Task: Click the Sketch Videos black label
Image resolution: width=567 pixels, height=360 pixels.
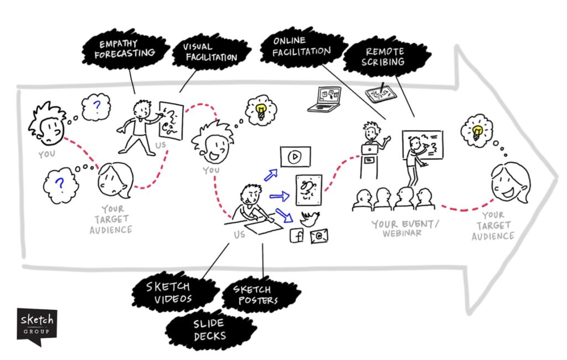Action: pos(169,292)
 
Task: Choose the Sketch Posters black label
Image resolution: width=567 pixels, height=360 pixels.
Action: pos(252,295)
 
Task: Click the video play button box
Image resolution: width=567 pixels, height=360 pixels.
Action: pos(295,157)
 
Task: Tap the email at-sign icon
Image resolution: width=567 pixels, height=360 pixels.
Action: pos(319,237)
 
